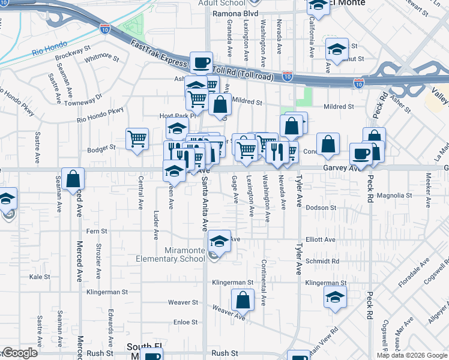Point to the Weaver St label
click(x=182, y=302)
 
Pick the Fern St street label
click(x=97, y=231)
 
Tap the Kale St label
click(x=40, y=277)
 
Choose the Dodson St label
click(x=321, y=208)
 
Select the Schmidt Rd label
click(x=322, y=262)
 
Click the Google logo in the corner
click(x=19, y=353)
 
